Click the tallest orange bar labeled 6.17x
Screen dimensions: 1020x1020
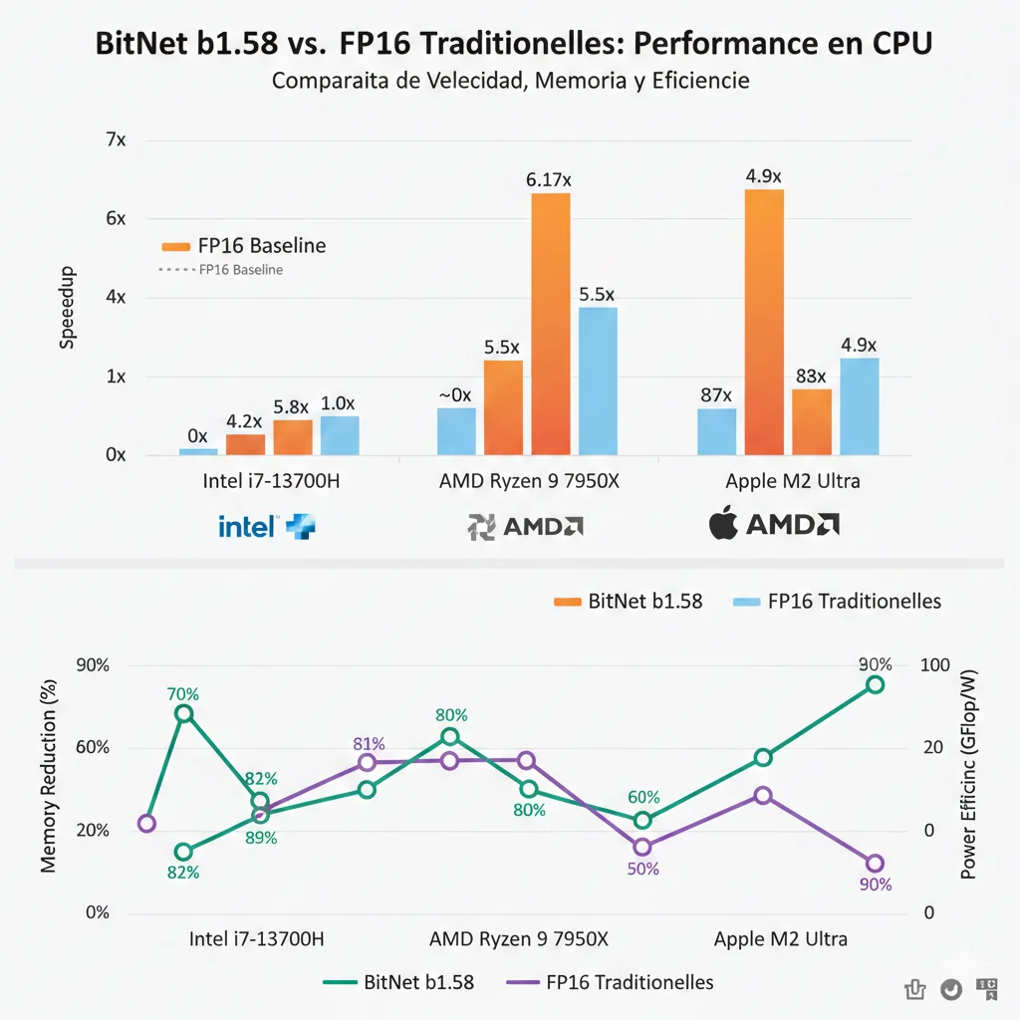click(x=550, y=324)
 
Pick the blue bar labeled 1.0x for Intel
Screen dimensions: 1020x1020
click(x=340, y=435)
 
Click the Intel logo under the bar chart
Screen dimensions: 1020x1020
click(x=264, y=526)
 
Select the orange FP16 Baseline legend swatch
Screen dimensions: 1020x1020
click(x=174, y=246)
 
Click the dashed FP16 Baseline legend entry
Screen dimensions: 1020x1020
click(x=220, y=270)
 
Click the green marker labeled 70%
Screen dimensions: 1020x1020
click(x=183, y=713)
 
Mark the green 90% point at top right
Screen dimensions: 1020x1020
click(x=875, y=684)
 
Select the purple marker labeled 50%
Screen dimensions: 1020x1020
click(x=642, y=847)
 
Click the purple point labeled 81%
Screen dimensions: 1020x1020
click(x=367, y=762)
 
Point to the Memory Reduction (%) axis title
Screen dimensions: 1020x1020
click(x=49, y=776)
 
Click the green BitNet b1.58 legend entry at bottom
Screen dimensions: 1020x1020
click(x=398, y=982)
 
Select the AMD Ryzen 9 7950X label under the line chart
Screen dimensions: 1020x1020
click(x=518, y=939)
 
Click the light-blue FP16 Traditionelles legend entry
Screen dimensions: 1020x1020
click(x=837, y=602)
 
